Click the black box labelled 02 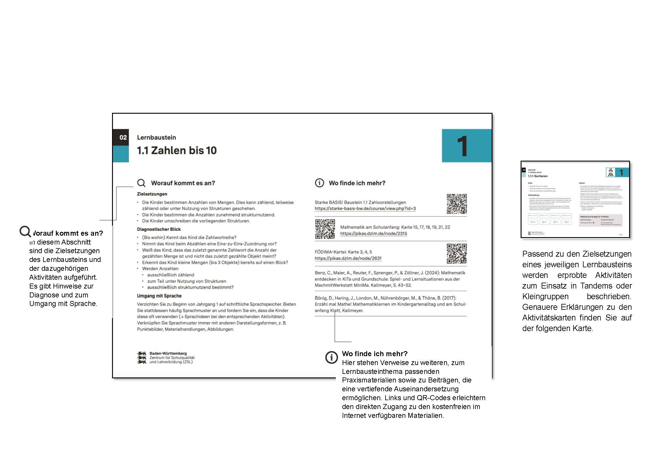121,137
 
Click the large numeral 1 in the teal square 462,146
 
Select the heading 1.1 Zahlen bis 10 176,151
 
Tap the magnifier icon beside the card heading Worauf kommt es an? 141,183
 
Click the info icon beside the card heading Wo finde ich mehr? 319,183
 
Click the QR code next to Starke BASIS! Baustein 456,204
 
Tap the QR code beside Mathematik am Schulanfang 325,229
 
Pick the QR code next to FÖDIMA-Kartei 456,253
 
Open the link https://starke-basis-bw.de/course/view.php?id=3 365,209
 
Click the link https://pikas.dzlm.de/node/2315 373,234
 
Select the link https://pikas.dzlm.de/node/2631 348,258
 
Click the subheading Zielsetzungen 152,194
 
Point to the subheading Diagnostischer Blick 159,229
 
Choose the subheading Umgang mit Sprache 159,296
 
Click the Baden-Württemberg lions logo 142,358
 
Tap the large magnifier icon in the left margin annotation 25,232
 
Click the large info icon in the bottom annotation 331,357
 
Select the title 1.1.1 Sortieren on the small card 537,176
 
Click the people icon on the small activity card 610,172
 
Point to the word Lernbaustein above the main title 156,138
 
